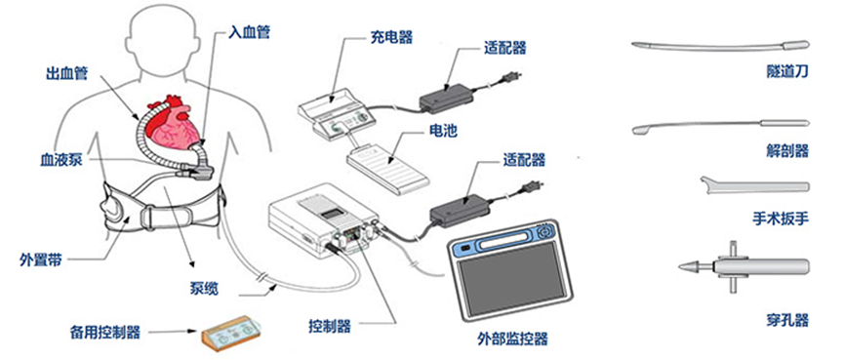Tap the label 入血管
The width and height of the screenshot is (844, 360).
(249, 32)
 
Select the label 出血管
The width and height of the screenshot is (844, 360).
(64, 72)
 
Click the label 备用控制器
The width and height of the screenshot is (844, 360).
(105, 332)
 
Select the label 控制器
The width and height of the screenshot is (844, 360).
(330, 326)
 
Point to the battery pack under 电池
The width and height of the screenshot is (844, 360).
(388, 167)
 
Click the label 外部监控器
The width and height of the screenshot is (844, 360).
(512, 339)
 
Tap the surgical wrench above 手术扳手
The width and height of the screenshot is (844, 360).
(754, 185)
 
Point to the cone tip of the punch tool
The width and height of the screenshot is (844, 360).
(690, 265)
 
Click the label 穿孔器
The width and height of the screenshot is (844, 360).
(787, 320)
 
